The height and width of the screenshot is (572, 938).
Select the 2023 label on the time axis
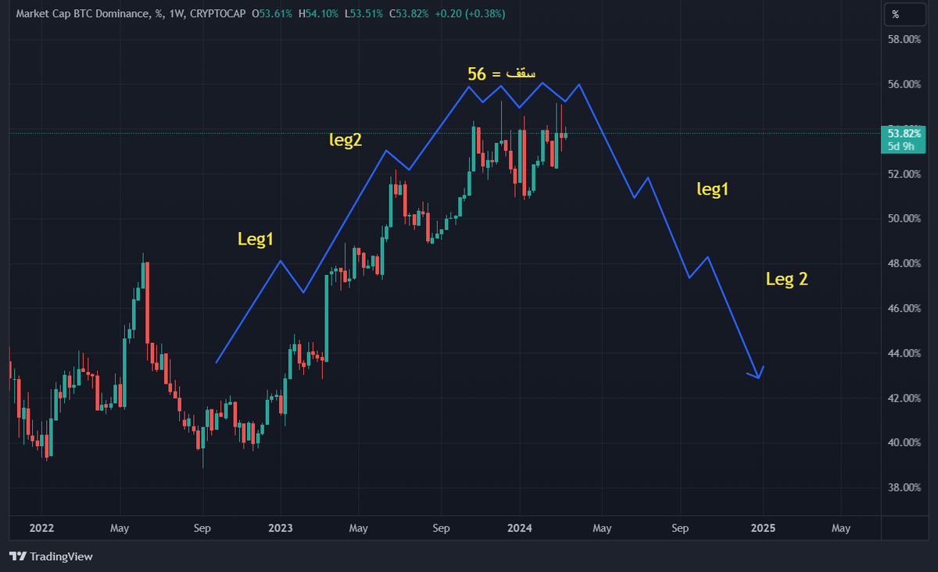click(280, 528)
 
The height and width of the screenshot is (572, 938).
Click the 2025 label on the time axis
click(763, 528)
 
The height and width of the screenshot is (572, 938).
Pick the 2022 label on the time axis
click(41, 528)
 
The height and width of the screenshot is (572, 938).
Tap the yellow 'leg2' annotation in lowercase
click(345, 141)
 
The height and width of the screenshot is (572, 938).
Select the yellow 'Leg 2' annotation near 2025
click(786, 280)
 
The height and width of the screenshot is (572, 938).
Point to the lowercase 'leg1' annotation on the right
click(718, 188)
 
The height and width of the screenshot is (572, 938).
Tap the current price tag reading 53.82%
click(904, 133)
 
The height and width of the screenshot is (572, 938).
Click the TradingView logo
click(52, 556)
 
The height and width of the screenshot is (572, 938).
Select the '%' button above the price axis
click(896, 14)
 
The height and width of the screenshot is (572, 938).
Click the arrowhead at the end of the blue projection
click(759, 375)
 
